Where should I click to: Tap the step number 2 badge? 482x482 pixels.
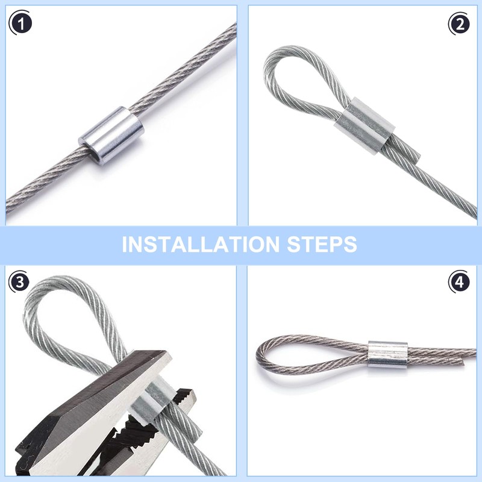tap(459, 24)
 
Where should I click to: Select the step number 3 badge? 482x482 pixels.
tap(19, 281)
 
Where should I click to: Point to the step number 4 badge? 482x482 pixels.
tap(459, 281)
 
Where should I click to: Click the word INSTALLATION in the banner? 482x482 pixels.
tap(201, 245)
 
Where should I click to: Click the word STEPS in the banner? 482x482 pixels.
tap(322, 245)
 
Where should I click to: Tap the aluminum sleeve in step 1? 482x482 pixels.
tap(111, 136)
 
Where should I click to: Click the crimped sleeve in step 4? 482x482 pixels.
tap(388, 355)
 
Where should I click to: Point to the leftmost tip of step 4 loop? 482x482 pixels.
tap(258, 354)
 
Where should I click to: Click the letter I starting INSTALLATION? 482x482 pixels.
tap(124, 245)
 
